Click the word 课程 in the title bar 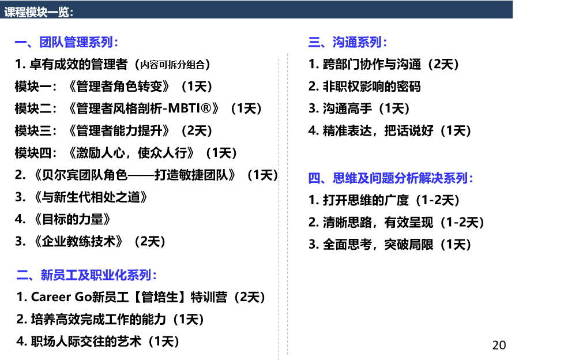tap(15, 12)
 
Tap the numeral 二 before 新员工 tap(22, 275)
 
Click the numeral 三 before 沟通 tap(314, 42)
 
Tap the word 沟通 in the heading tap(344, 42)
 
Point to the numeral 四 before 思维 tap(314, 178)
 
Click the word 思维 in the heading tap(344, 178)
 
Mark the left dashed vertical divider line tap(278, 208)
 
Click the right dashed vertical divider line tap(287, 208)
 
